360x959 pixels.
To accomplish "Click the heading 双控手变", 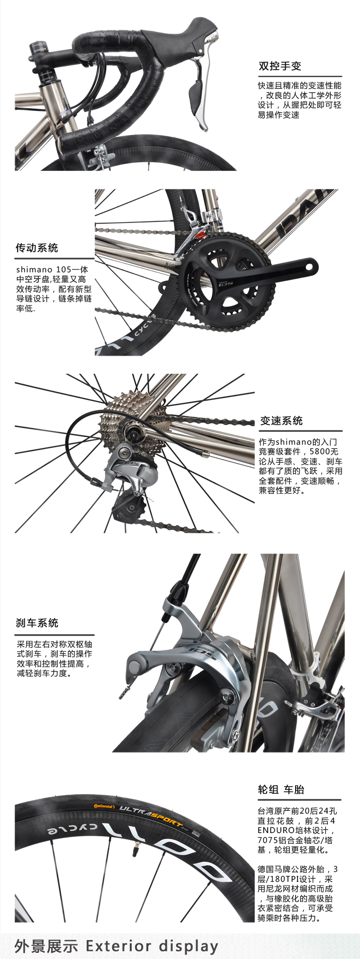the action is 279,66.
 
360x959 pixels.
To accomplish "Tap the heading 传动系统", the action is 37,248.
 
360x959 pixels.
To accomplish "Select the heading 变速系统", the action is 281,421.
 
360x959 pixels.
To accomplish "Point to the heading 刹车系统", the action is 37,623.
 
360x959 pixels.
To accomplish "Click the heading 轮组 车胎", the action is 281,789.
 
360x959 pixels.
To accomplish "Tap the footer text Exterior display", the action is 152,946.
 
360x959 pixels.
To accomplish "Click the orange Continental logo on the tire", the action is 104,806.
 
